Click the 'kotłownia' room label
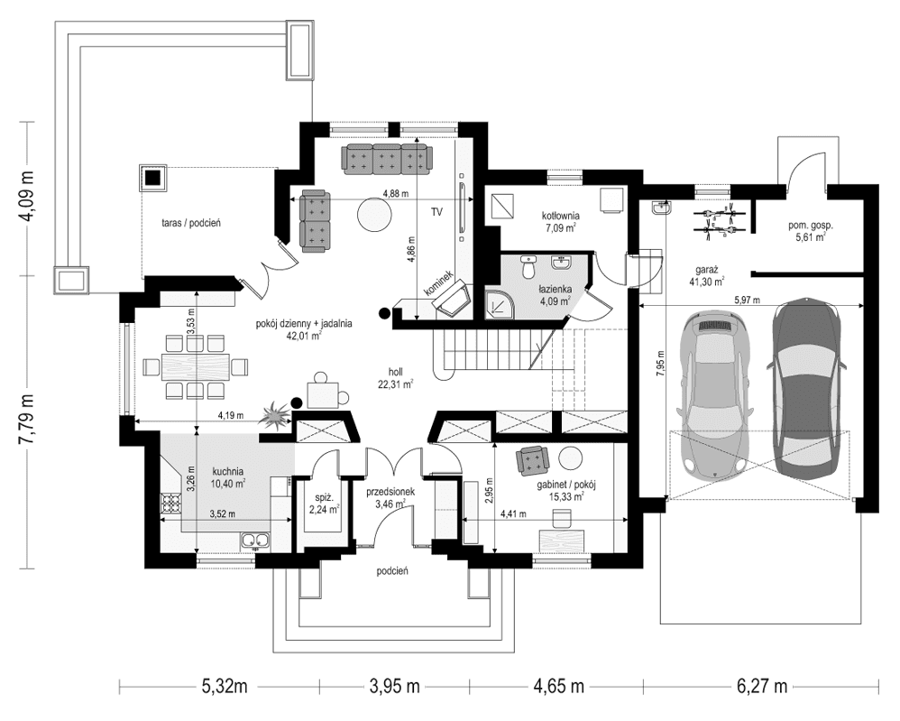560,217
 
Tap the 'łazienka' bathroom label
553,289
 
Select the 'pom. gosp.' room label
808,226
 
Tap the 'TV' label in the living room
436,212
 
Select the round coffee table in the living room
374,215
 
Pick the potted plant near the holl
273,415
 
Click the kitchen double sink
254,541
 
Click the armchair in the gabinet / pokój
532,460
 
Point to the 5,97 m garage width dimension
746,300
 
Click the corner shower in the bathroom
499,306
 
